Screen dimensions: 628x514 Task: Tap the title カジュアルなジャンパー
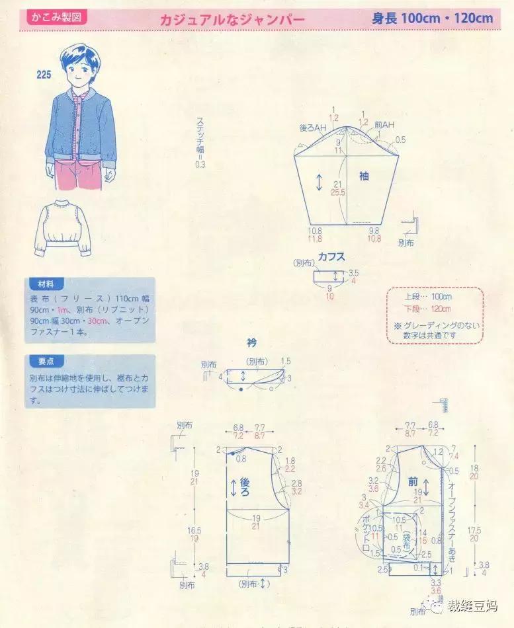pos(232,20)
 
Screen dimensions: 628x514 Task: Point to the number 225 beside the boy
pos(44,75)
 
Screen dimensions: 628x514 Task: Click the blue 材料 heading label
pos(46,284)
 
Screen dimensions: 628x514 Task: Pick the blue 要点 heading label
pos(46,361)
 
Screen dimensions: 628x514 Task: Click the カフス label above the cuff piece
pos(331,256)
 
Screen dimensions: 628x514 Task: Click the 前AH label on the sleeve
pos(384,126)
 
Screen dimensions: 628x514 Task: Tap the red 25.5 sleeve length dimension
pos(338,193)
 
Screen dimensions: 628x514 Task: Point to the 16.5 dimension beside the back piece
pos(194,530)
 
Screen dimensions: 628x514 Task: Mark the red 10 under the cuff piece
pos(329,296)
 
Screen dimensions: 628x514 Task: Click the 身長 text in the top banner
pos(384,19)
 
